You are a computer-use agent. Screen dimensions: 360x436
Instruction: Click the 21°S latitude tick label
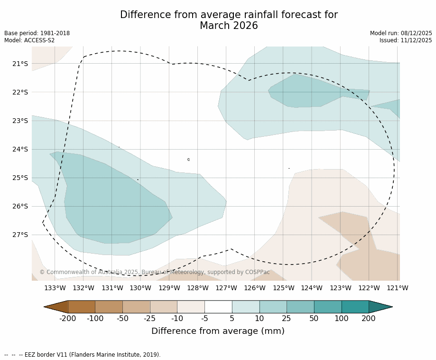[20, 64]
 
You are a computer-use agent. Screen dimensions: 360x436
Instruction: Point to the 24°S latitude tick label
[20, 149]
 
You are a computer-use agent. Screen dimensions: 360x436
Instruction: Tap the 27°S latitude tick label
[20, 235]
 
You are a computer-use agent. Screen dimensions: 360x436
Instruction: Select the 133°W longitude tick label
[55, 288]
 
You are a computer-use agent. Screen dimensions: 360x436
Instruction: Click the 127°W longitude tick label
[226, 288]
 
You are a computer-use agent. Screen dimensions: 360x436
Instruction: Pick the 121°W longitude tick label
[398, 288]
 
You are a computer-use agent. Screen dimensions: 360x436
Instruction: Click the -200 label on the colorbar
[67, 319]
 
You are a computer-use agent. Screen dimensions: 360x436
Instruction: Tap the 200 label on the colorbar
[369, 319]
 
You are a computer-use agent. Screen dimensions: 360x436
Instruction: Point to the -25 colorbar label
[150, 319]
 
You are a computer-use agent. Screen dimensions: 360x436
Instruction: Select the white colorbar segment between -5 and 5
[218, 307]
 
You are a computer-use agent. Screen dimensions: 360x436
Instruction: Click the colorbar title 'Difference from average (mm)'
[218, 332]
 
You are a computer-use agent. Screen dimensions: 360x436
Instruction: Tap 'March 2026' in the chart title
[229, 26]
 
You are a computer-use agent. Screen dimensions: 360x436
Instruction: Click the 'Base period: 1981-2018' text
[37, 33]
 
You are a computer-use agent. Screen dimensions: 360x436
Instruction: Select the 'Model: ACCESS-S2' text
[29, 40]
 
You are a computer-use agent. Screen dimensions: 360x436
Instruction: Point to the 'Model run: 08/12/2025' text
[401, 33]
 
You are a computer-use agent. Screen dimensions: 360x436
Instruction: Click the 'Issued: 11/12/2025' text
[406, 40]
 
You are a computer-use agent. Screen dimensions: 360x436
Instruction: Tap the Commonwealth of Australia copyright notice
[154, 272]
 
